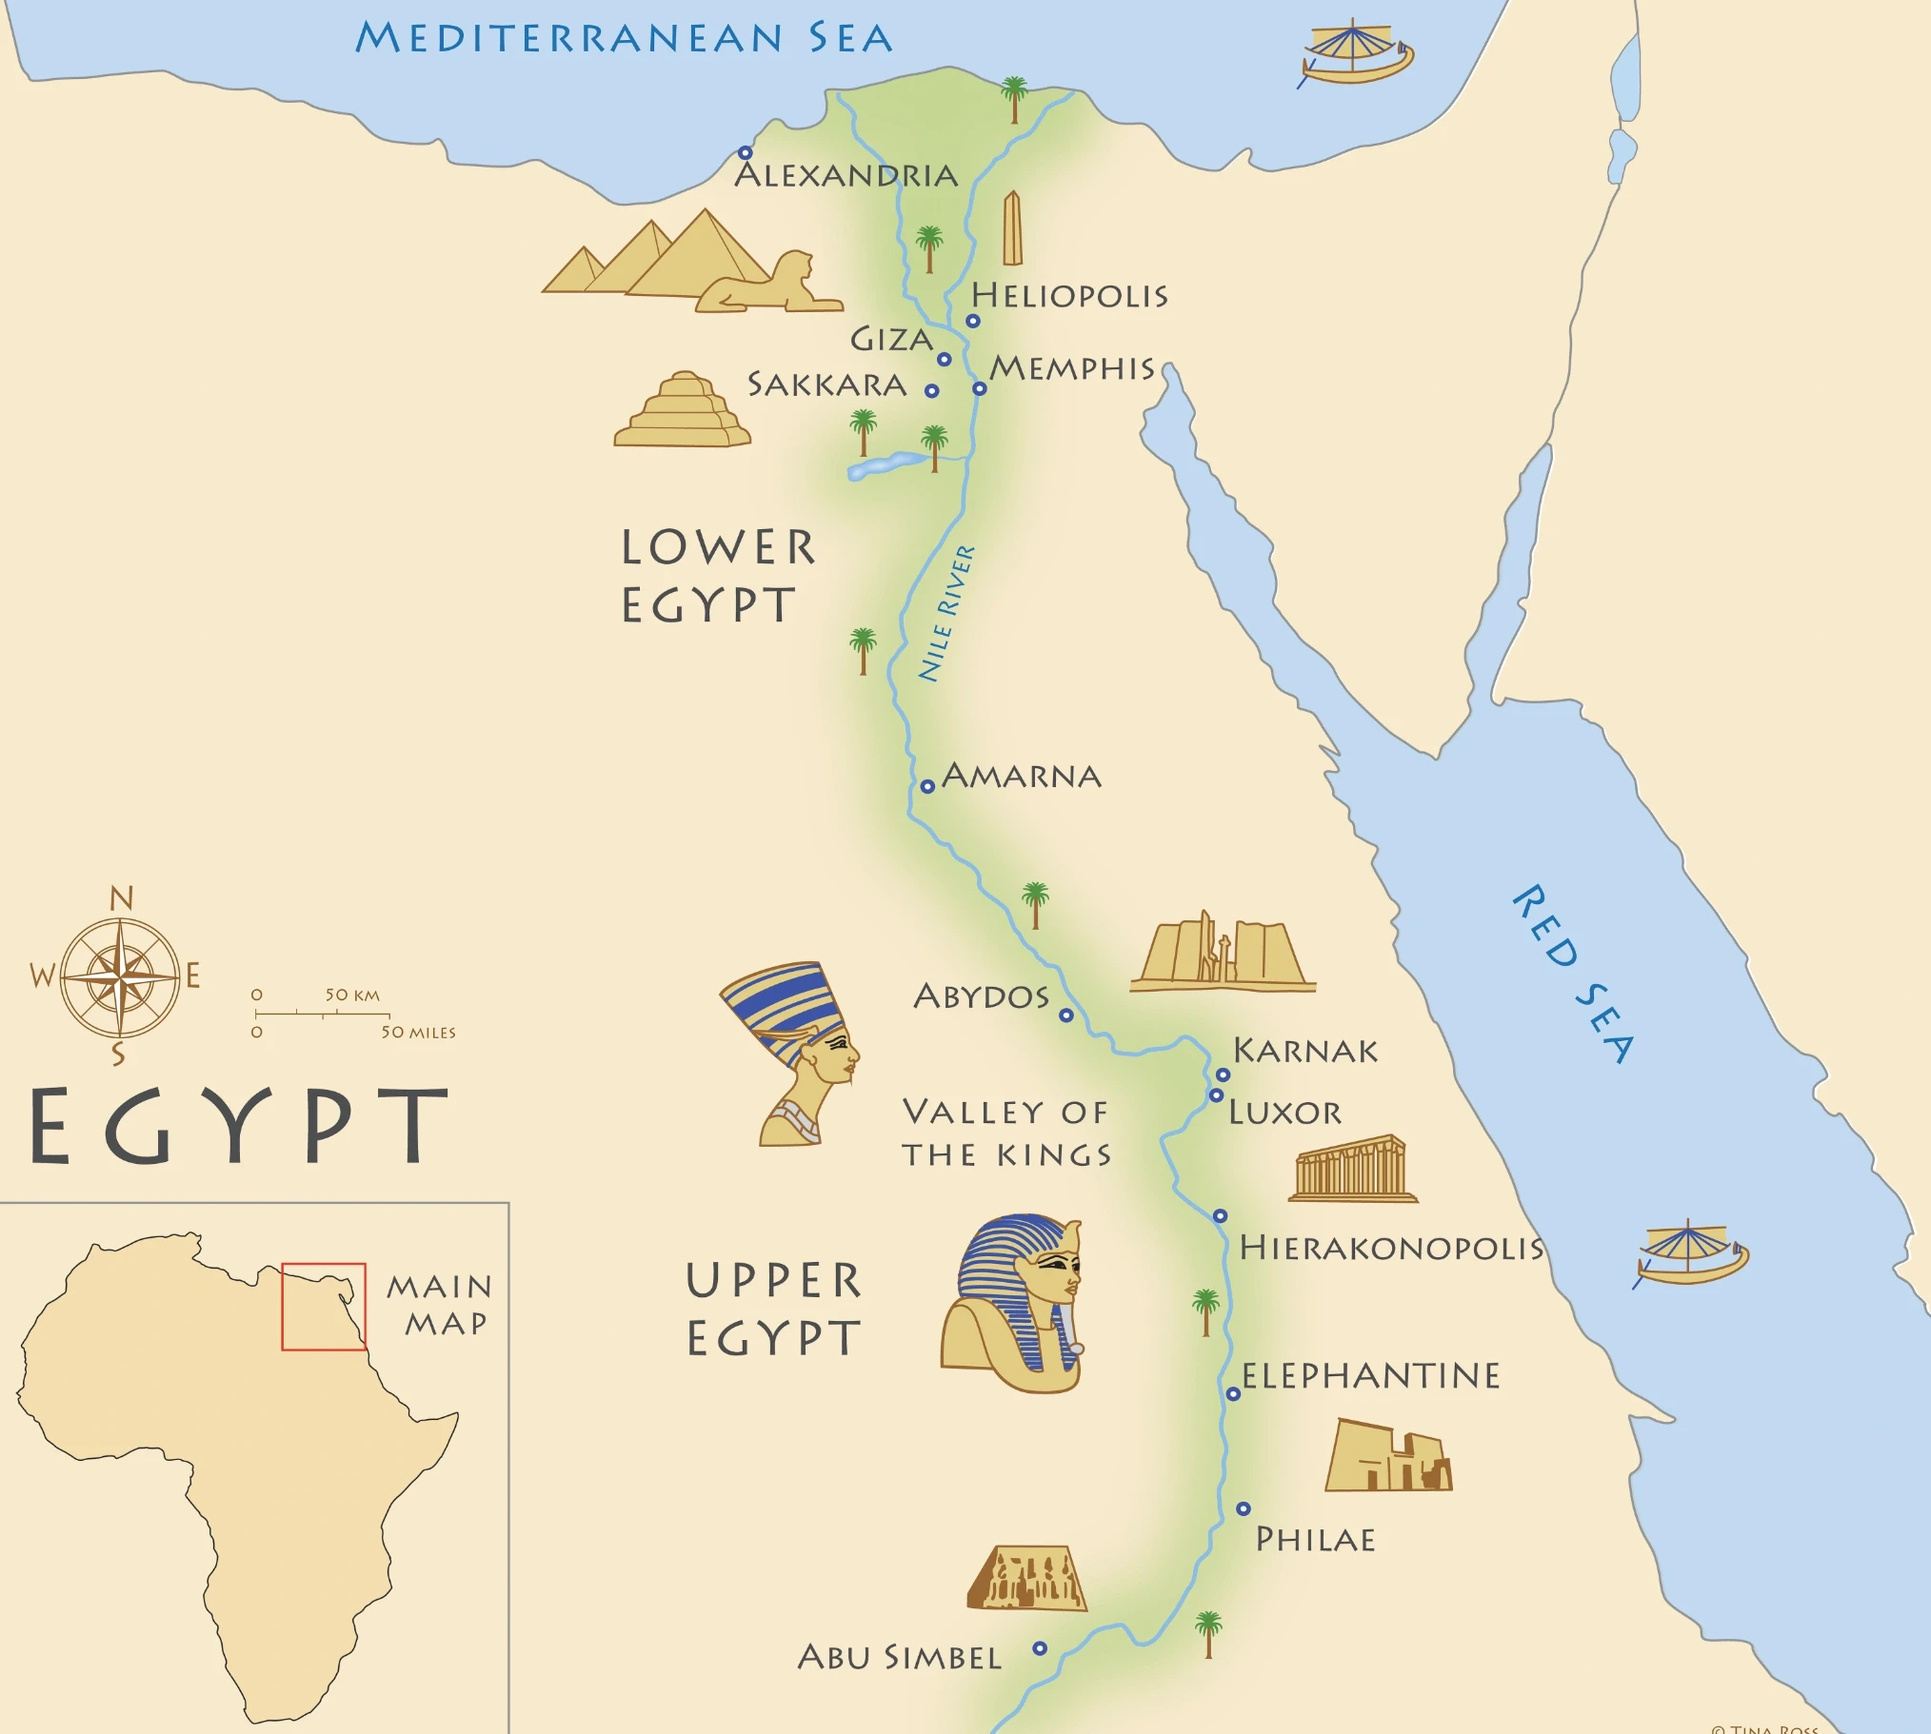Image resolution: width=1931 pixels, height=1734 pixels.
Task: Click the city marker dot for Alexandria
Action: click(746, 152)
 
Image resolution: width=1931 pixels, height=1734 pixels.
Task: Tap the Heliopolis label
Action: click(1068, 295)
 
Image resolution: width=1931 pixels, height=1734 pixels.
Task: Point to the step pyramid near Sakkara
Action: click(683, 410)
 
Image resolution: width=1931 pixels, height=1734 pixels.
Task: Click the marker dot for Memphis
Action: click(979, 388)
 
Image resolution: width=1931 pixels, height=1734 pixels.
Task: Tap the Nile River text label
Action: click(946, 614)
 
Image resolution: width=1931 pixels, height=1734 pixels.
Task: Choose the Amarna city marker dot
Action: click(927, 786)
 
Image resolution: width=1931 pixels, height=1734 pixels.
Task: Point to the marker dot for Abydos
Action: click(1066, 1015)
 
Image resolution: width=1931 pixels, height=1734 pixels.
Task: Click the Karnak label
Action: click(1304, 1051)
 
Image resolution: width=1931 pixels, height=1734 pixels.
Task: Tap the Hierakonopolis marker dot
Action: click(1220, 1215)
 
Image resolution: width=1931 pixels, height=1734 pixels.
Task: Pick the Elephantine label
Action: click(1370, 1376)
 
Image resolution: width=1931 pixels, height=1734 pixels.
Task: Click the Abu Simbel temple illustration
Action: click(1026, 1579)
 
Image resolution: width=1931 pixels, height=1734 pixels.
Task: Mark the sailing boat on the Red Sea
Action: click(1691, 1251)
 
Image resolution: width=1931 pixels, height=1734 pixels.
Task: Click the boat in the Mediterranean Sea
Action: click(1357, 54)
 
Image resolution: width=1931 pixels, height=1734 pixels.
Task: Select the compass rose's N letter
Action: click(121, 898)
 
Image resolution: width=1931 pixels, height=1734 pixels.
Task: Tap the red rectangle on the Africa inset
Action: click(323, 1307)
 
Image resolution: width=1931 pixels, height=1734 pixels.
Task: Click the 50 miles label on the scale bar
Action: click(418, 1033)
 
